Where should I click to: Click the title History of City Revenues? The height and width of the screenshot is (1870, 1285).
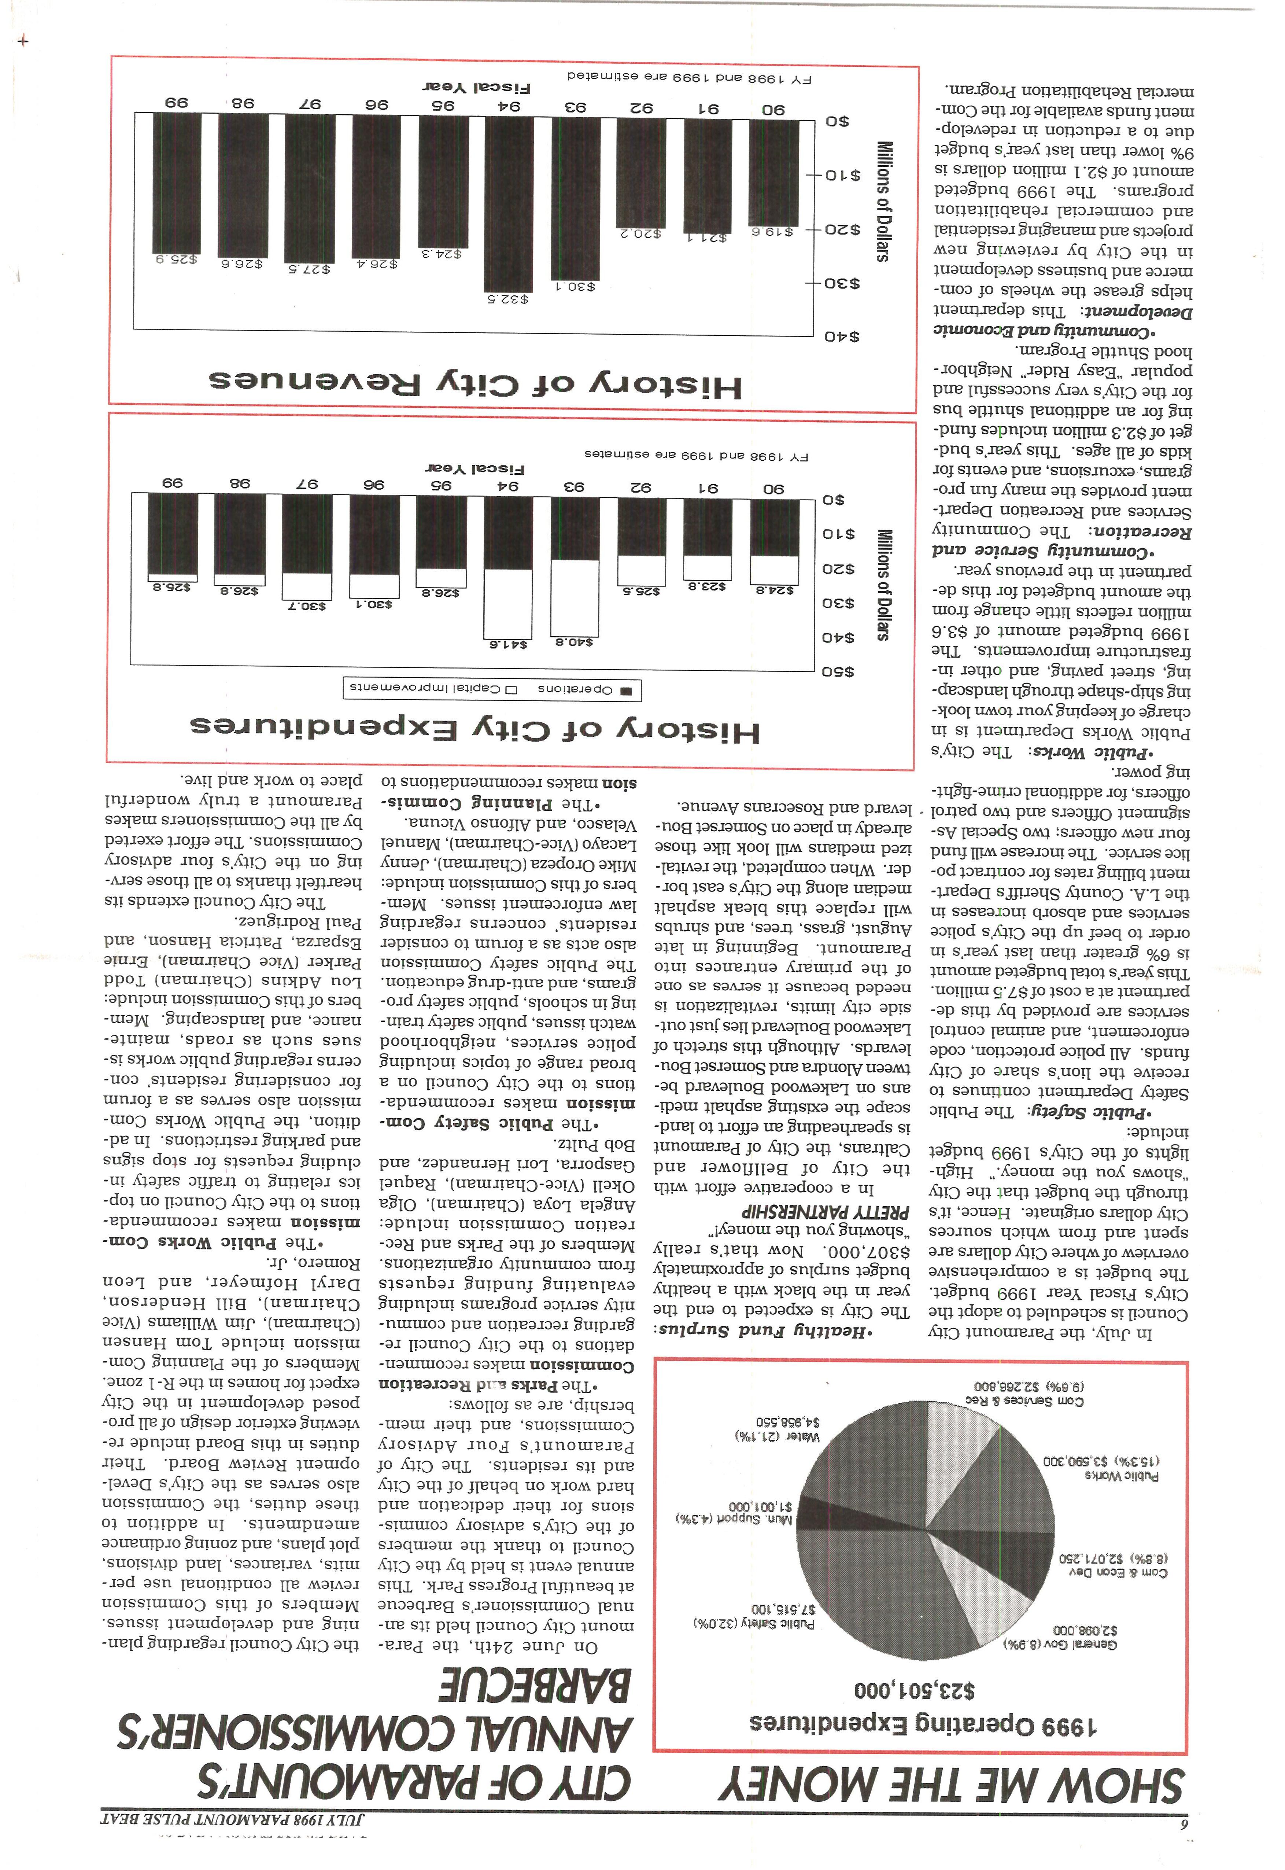475,383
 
